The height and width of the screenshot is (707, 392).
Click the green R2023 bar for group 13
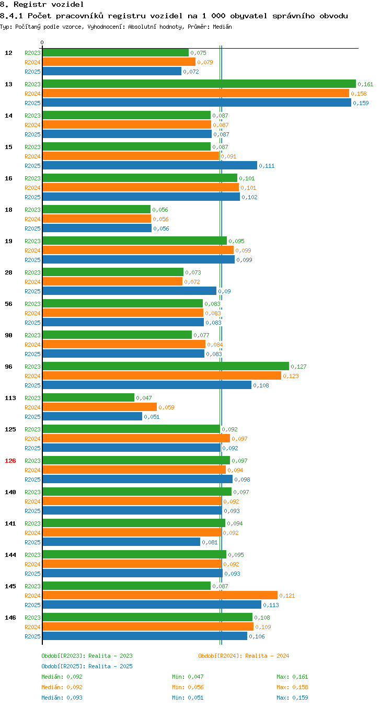199,84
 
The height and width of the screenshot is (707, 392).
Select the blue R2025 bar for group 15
150,165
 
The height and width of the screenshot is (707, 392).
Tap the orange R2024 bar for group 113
100,407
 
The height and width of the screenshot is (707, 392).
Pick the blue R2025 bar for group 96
147,385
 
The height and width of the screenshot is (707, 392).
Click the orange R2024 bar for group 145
160,595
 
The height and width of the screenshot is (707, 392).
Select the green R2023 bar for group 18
97,209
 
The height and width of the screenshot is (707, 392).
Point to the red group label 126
10,461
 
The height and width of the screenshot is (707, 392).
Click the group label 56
8,304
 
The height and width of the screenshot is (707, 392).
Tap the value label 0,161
365,84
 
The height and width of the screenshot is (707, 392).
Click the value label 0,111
267,166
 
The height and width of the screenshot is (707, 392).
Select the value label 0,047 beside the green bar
144,398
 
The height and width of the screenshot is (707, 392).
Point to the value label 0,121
287,596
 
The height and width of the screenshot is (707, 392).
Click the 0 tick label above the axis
42,42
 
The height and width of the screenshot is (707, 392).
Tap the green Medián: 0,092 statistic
62,677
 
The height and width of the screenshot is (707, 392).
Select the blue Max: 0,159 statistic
292,698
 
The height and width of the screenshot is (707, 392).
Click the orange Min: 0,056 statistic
188,687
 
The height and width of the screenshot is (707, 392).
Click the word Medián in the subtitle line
222,27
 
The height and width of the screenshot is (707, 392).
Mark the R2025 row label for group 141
32,542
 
